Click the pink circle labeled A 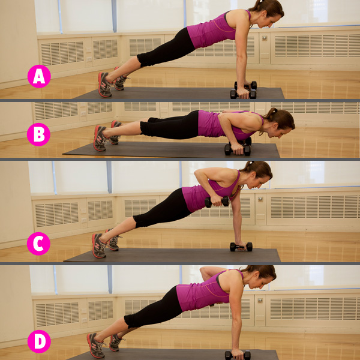pos(39,76)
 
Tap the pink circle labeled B pos(38,134)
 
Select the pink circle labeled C pos(38,244)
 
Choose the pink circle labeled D pos(39,341)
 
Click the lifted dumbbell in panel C pos(217,202)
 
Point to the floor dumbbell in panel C pos(241,247)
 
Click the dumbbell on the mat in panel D pos(238,355)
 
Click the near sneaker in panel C pos(99,245)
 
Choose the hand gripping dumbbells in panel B pos(236,149)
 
